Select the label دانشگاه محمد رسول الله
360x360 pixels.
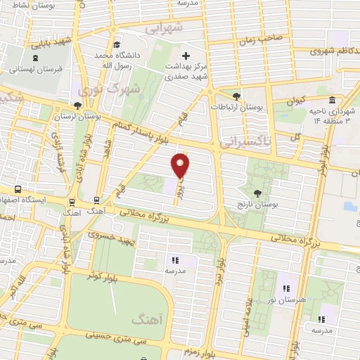click(x=113, y=59)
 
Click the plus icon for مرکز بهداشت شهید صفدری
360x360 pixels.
click(x=186, y=56)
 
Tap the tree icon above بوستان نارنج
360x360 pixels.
click(x=257, y=192)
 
